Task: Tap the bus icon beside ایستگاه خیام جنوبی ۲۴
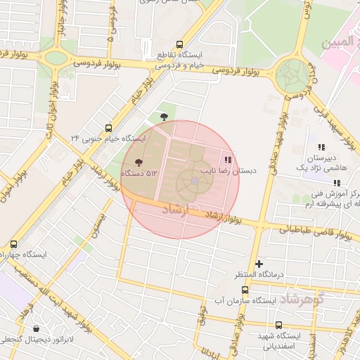(108, 128)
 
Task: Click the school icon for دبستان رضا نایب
(226, 159)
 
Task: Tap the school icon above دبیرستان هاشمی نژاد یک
(321, 147)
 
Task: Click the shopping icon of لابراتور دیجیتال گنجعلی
(37, 328)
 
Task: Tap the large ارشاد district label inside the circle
(176, 210)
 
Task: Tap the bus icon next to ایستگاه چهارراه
(13, 243)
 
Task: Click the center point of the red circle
(180, 179)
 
